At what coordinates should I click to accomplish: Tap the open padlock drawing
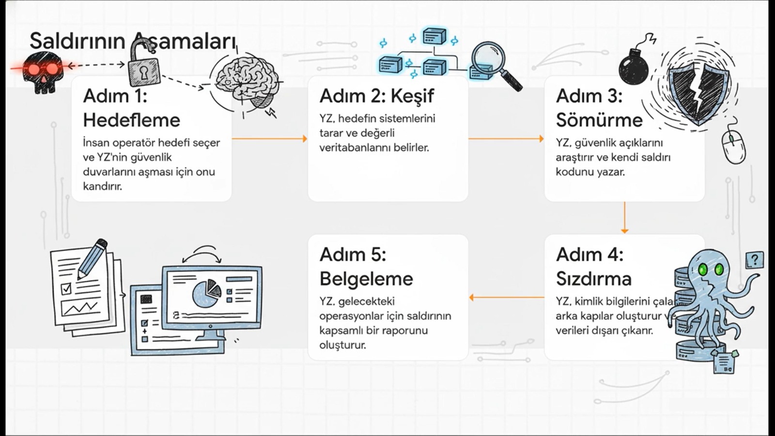tap(144, 68)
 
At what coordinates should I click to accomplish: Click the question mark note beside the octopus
tap(754, 260)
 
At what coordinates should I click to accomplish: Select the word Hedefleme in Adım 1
tap(131, 120)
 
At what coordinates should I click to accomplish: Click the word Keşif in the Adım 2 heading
tap(412, 96)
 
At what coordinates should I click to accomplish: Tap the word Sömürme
tap(599, 120)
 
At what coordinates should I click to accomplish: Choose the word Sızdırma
tap(594, 279)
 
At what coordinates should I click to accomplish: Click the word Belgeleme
tap(366, 279)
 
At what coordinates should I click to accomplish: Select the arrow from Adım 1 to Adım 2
tap(269, 139)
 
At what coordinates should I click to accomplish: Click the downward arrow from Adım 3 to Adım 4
tap(624, 218)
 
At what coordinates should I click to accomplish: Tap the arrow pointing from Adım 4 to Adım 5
tap(506, 297)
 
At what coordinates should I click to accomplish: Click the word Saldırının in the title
tap(77, 42)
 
